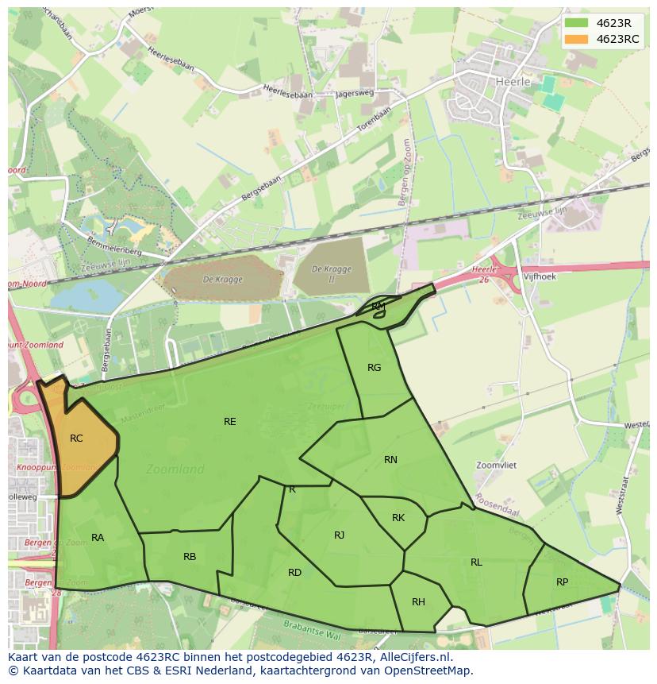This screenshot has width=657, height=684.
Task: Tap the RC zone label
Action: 76,439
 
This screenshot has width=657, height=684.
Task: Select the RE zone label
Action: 230,422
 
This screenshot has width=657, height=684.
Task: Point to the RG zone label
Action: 375,368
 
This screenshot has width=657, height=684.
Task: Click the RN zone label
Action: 390,460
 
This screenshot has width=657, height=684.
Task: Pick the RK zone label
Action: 398,518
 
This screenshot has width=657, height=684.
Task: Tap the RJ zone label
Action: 339,535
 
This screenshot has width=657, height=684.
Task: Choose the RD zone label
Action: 294,573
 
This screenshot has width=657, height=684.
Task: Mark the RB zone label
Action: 190,557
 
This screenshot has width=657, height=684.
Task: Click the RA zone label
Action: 98,538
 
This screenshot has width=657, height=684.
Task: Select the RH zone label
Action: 418,602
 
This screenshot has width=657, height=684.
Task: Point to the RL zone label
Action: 476,562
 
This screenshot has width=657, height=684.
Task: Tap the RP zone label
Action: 562,582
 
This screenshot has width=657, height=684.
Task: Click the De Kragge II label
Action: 331,275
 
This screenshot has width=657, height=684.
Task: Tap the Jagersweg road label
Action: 355,94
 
